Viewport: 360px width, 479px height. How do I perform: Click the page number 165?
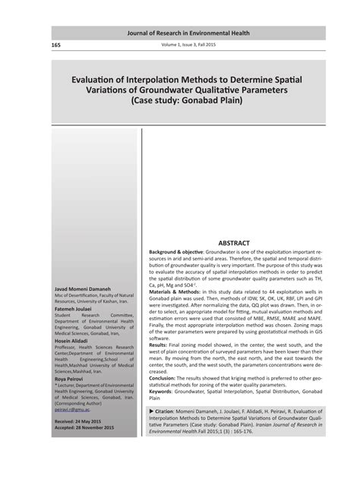pos(56,45)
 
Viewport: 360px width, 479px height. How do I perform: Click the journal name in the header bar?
pos(188,33)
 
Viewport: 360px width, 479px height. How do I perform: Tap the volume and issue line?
pos(188,45)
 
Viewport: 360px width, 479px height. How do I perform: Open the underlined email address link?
pos(75,408)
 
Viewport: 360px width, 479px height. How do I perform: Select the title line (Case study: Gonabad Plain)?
pos(188,99)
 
